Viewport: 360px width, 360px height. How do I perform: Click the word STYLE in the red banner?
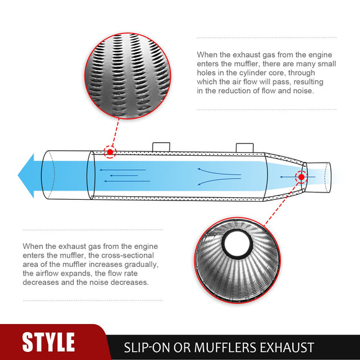(x=48, y=342)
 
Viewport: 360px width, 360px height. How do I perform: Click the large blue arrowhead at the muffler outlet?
(x=27, y=176)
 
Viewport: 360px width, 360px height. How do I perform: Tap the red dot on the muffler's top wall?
(x=110, y=152)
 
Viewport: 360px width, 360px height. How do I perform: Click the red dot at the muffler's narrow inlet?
(x=302, y=177)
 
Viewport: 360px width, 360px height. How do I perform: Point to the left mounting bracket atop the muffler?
(x=161, y=147)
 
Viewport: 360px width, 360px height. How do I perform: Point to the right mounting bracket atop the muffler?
(x=245, y=148)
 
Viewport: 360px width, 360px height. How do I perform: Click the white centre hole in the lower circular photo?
(x=237, y=244)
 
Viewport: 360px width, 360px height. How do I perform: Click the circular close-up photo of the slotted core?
(x=128, y=76)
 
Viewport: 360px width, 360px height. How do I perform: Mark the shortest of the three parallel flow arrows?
(x=124, y=176)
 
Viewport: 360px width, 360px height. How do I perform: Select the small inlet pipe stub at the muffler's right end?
(x=318, y=177)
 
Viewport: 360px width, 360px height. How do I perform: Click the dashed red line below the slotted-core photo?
(x=115, y=132)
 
